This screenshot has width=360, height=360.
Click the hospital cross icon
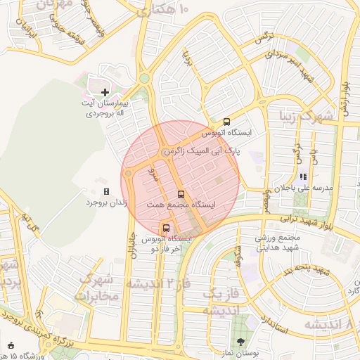(x=105, y=92)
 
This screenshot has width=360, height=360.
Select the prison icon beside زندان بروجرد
(x=106, y=191)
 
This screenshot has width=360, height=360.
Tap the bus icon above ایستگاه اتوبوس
(x=226, y=121)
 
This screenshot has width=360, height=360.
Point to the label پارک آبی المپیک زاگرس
(x=202, y=151)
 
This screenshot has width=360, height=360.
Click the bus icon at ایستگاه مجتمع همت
(x=181, y=193)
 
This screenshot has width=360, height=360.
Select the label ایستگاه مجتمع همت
(x=181, y=205)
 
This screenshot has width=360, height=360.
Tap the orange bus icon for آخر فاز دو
(x=167, y=228)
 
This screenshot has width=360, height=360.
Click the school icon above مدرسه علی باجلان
(x=303, y=177)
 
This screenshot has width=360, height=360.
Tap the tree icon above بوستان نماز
(x=241, y=341)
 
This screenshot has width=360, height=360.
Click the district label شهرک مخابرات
(x=99, y=287)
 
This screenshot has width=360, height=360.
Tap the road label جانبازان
(x=131, y=247)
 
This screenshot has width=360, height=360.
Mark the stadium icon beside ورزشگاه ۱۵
(x=11, y=345)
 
